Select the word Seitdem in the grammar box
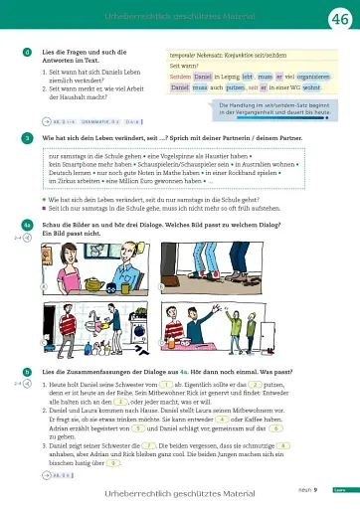click(181, 76)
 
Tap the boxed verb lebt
click(248, 76)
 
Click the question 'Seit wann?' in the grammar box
click(184, 65)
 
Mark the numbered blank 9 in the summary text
click(114, 462)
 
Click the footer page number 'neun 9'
click(307, 489)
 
